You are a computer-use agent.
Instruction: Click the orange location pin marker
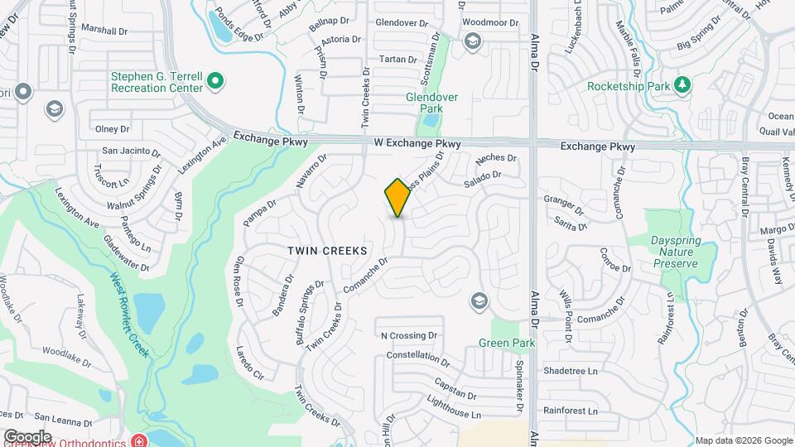click(397, 198)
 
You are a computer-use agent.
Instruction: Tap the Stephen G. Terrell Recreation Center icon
click(215, 81)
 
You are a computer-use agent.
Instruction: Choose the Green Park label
click(507, 343)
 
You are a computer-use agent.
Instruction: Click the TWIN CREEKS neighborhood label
click(327, 249)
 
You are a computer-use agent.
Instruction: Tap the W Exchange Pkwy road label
click(417, 144)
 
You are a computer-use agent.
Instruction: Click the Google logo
click(27, 436)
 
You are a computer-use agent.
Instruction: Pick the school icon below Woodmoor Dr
click(472, 41)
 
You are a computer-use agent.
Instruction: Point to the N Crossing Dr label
click(407, 335)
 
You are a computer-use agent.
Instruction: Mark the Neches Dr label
click(497, 157)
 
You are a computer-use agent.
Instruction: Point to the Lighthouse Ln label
click(452, 413)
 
